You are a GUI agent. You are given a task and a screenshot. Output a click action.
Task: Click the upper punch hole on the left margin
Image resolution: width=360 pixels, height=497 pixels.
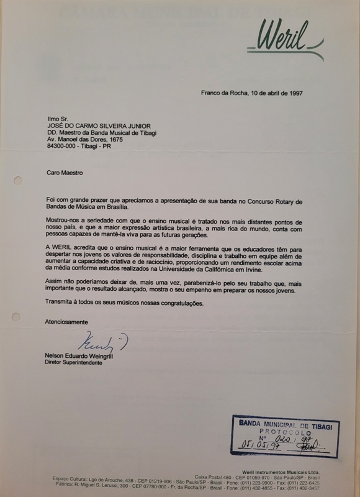17,181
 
